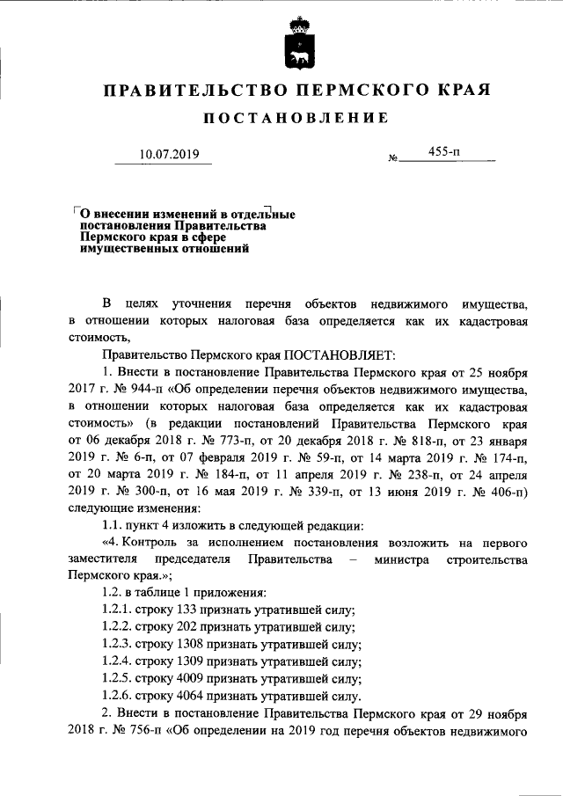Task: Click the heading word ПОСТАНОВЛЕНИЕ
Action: coord(296,118)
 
